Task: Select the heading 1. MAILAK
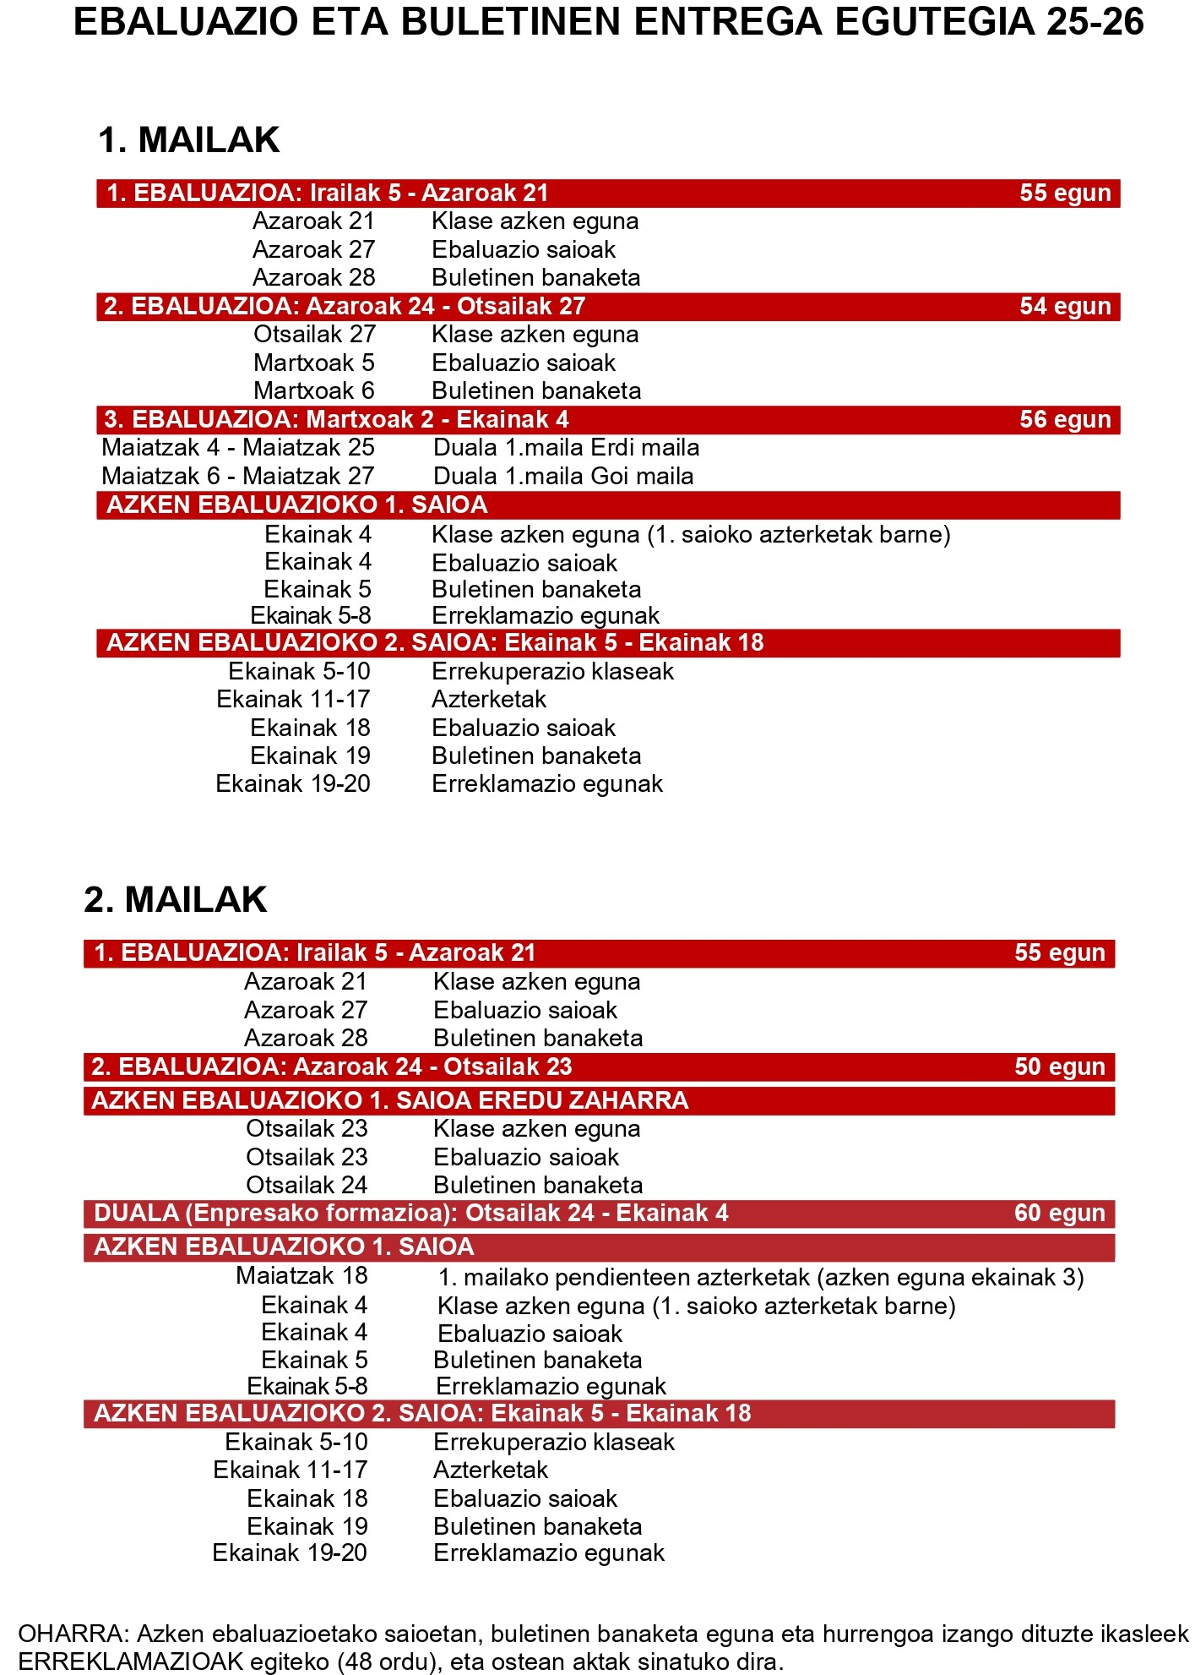pos(188,140)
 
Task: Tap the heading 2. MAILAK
pos(176,900)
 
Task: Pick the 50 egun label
pos(1059,1067)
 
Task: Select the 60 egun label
pos(1059,1214)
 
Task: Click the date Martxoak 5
pos(314,363)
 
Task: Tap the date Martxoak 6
pos(314,391)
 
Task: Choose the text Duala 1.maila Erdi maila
pos(566,448)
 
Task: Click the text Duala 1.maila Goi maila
pos(563,477)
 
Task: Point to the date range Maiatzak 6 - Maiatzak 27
pos(237,477)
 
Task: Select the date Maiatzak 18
pos(301,1276)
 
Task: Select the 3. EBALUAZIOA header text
pos(336,420)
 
